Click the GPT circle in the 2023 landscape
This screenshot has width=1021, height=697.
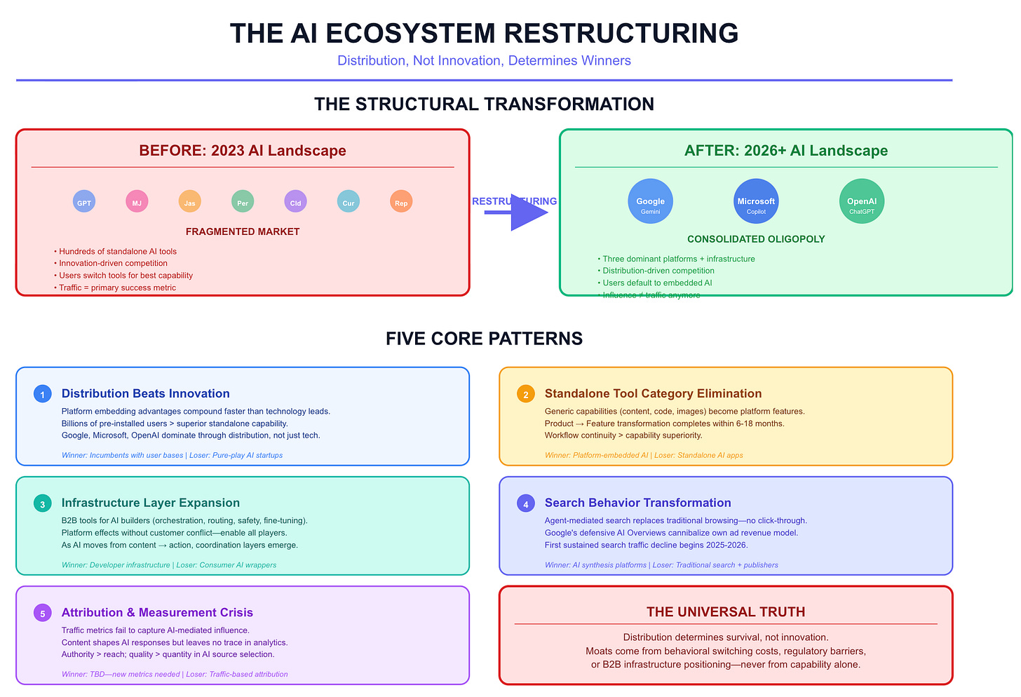click(x=84, y=202)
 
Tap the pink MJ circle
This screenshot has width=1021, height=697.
click(x=137, y=202)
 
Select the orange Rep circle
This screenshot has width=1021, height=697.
click(x=401, y=202)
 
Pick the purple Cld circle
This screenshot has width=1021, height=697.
click(x=295, y=202)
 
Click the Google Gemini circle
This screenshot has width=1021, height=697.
click(x=650, y=201)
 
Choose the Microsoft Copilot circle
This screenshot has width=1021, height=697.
click(x=756, y=201)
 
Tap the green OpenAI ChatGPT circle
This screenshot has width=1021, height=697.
click(x=862, y=201)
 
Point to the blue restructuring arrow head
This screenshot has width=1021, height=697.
click(x=528, y=212)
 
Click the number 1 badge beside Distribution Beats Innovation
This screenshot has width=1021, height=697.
click(x=43, y=394)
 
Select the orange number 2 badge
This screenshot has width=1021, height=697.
click(x=526, y=394)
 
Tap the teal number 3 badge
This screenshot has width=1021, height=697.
click(x=43, y=503)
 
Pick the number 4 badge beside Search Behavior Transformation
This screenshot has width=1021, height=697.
click(x=526, y=503)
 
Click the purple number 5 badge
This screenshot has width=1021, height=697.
click(x=43, y=613)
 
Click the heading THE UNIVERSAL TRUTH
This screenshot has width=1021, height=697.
click(x=726, y=611)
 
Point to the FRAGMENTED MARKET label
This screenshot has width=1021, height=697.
click(x=243, y=231)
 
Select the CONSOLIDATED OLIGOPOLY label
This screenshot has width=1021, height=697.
click(x=756, y=239)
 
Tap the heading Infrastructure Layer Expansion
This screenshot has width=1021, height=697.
click(x=151, y=503)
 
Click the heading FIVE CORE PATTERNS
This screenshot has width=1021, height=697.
click(x=484, y=338)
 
